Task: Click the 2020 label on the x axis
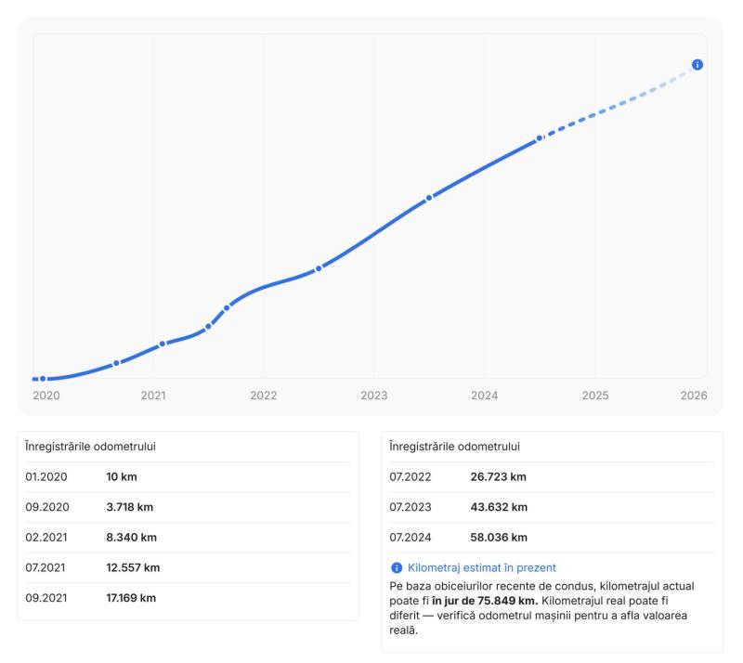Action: pyautogui.click(x=46, y=396)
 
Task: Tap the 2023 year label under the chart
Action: pyautogui.click(x=374, y=396)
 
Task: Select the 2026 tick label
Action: pyautogui.click(x=693, y=396)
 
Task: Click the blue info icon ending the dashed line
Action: pyautogui.click(x=697, y=65)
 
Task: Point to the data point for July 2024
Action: pyautogui.click(x=540, y=138)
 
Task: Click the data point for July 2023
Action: pyautogui.click(x=429, y=198)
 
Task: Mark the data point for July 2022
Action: pyautogui.click(x=319, y=268)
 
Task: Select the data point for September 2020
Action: pyautogui.click(x=116, y=363)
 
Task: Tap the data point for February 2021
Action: pyautogui.click(x=163, y=344)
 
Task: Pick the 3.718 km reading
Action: pyautogui.click(x=131, y=507)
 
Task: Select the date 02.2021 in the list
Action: pyautogui.click(x=47, y=538)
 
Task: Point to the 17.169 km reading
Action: pyautogui.click(x=131, y=598)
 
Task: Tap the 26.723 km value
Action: pyautogui.click(x=499, y=477)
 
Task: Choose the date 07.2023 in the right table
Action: pyautogui.click(x=412, y=507)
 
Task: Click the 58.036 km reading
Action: pyautogui.click(x=499, y=538)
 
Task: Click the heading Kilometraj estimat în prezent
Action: pyautogui.click(x=482, y=567)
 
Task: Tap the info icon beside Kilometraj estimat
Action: pyautogui.click(x=397, y=567)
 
